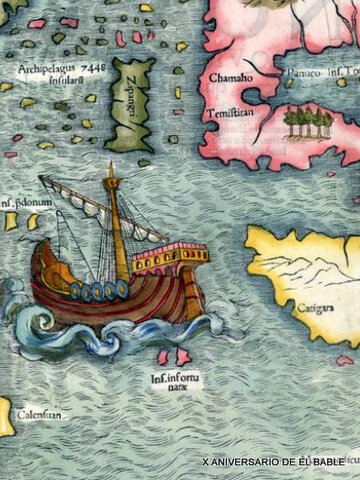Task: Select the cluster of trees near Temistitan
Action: click(307, 124)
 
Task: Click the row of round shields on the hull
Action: click(98, 291)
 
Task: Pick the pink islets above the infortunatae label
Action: click(173, 355)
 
